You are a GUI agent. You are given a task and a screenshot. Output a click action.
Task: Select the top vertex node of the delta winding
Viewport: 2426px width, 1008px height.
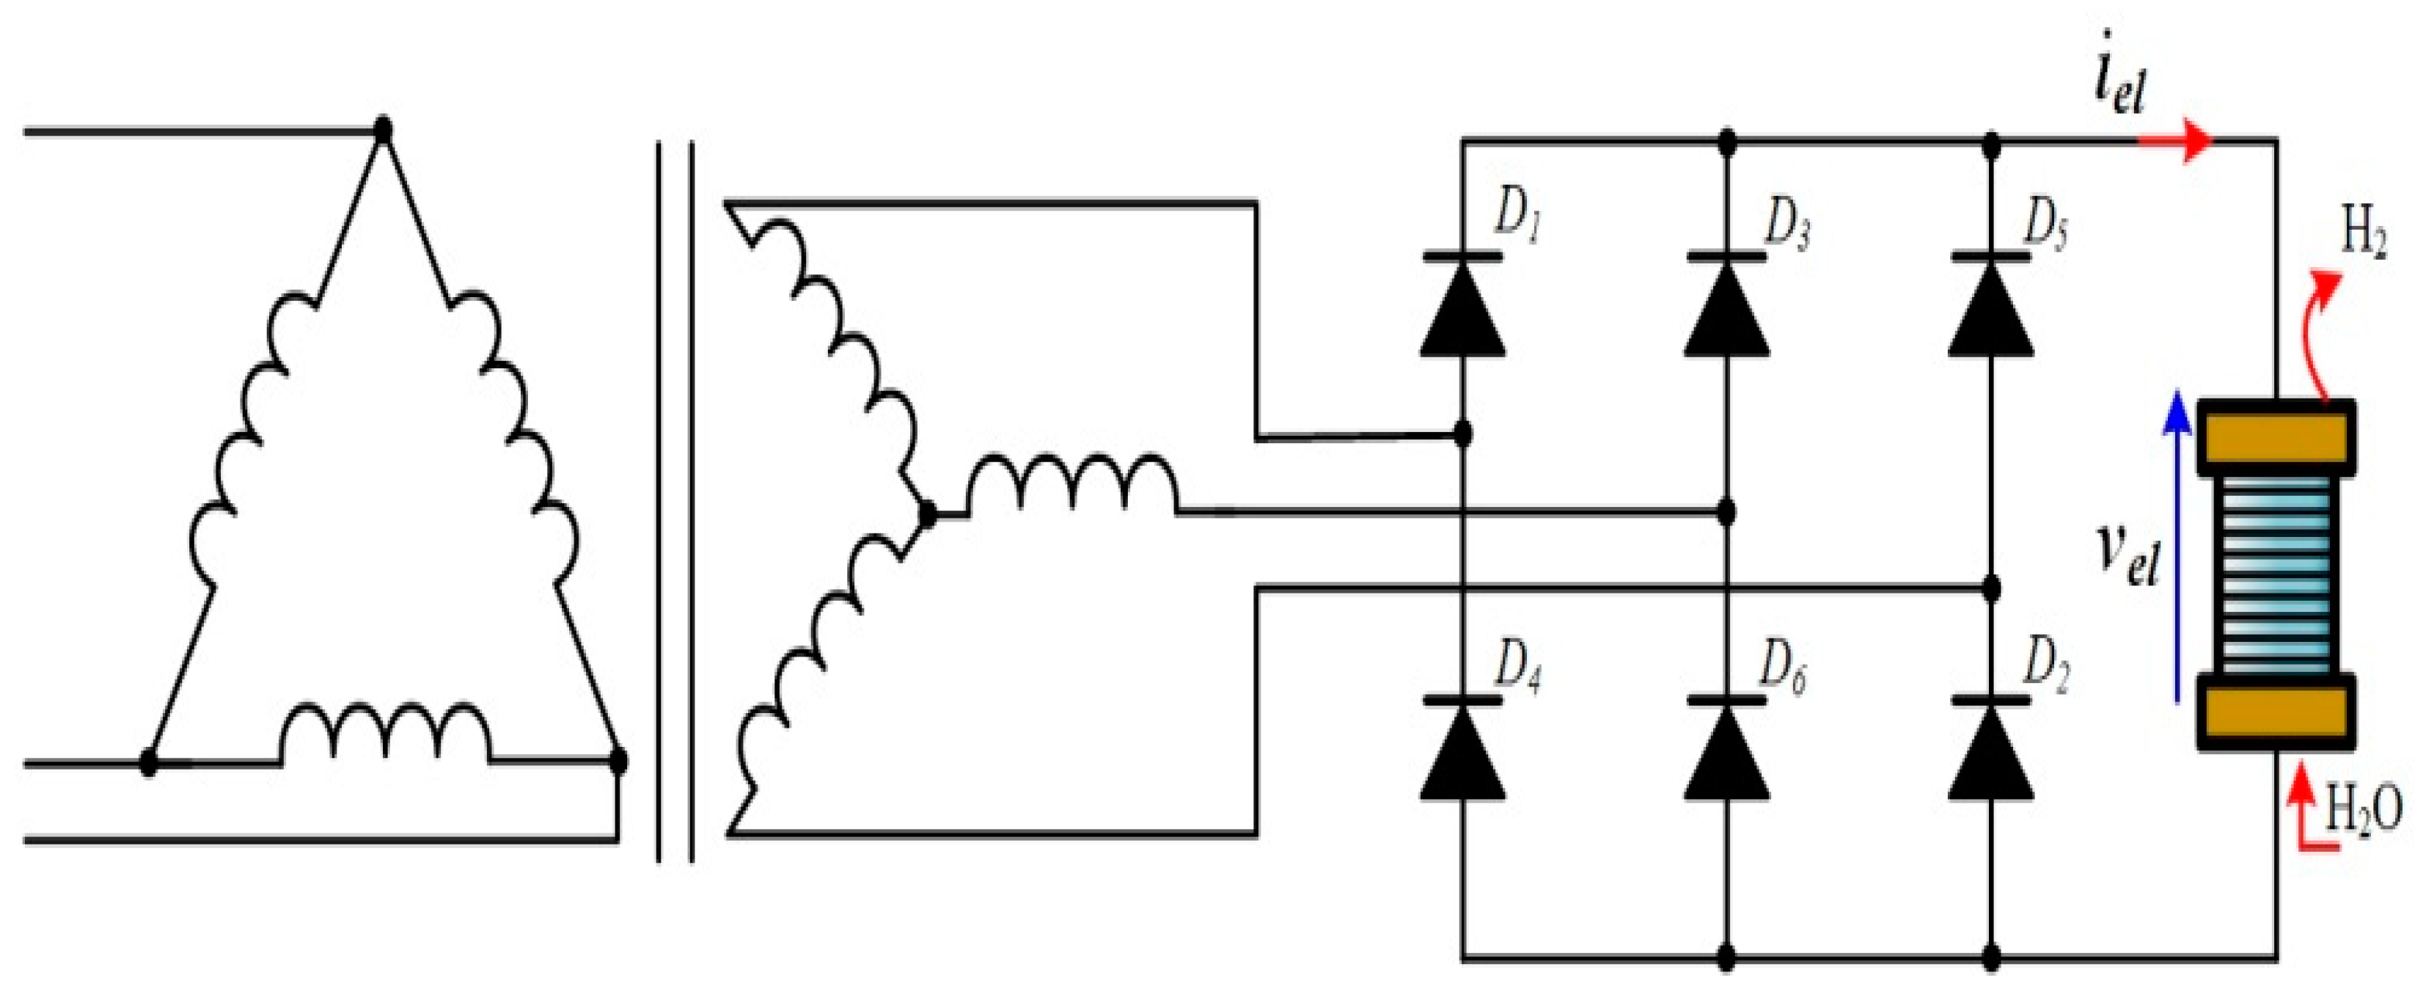click(382, 129)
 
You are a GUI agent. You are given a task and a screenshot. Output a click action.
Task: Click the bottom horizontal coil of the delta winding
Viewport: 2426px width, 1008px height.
click(386, 735)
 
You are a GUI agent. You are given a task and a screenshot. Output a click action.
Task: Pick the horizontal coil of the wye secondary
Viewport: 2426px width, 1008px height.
click(1074, 485)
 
